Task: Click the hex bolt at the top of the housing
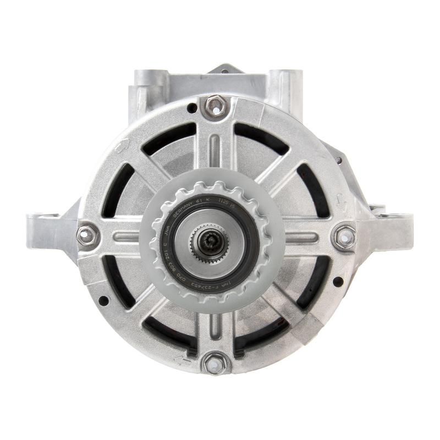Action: coord(215,106)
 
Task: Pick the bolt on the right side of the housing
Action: coord(345,237)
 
